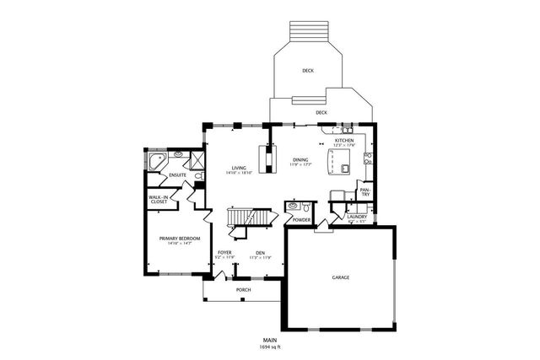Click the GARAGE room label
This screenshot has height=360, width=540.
pos(340,277)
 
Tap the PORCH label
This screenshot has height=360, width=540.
pos(243,289)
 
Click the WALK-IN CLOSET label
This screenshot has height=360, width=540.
pos(159,200)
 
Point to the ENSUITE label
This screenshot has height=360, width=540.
pos(177,175)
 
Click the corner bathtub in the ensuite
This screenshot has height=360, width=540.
pos(156,160)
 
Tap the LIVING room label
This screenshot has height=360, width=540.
pos(239,168)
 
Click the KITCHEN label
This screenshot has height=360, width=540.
pos(343,140)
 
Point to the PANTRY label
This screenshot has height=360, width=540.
pos(365,193)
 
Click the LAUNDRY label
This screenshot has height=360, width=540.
pos(357,217)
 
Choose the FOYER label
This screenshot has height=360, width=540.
pos(224,252)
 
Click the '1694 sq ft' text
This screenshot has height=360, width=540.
pos(270,347)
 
